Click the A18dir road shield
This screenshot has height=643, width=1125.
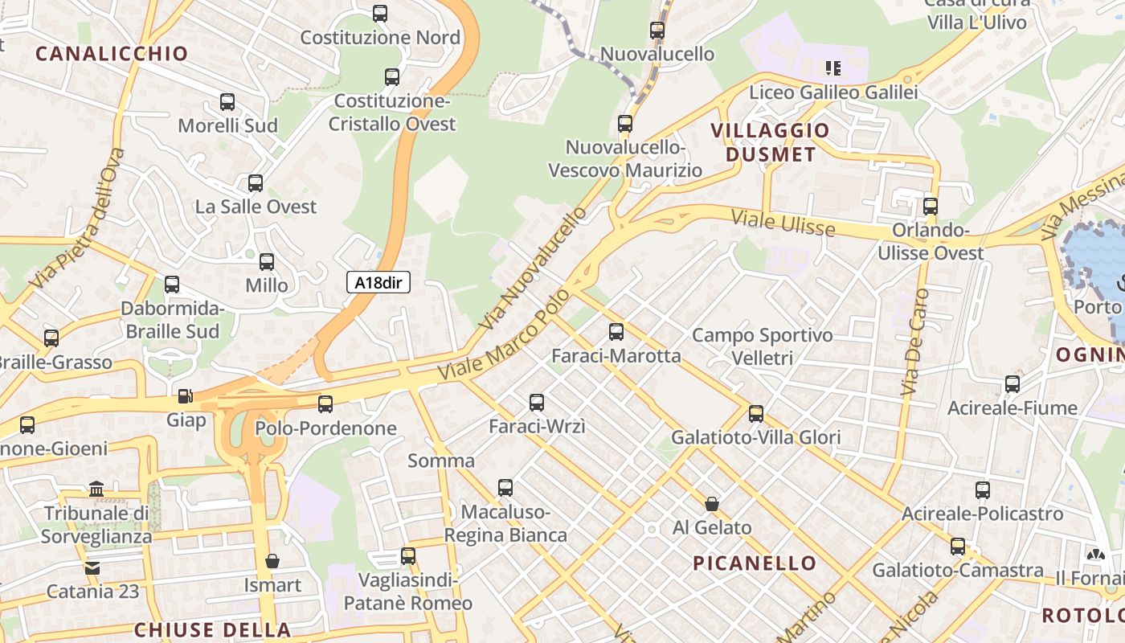click(x=378, y=282)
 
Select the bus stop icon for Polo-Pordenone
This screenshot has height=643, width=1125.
click(x=325, y=403)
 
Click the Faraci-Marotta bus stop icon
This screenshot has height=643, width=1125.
click(x=616, y=331)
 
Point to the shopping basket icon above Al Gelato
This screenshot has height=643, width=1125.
click(x=711, y=504)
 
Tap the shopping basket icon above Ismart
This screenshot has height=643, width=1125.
click(x=272, y=560)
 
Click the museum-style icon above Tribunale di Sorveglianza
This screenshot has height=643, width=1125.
click(x=97, y=489)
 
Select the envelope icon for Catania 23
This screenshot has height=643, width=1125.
click(x=92, y=567)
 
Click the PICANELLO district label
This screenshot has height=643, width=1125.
click(x=755, y=563)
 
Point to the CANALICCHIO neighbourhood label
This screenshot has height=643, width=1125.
click(x=112, y=54)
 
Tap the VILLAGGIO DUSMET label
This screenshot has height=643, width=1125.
click(x=770, y=142)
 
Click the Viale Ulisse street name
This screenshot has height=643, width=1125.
click(x=783, y=223)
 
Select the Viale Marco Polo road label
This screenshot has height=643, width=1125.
click(x=504, y=335)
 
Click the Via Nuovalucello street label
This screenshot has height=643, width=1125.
click(x=534, y=268)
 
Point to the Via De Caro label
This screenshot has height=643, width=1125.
click(x=915, y=342)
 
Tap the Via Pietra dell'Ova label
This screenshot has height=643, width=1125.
click(x=78, y=219)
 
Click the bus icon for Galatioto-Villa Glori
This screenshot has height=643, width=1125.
click(x=756, y=414)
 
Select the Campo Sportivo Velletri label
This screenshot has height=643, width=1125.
click(x=762, y=346)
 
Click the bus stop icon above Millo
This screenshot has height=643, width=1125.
click(x=267, y=261)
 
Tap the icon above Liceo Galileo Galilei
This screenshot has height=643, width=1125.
click(x=833, y=68)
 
